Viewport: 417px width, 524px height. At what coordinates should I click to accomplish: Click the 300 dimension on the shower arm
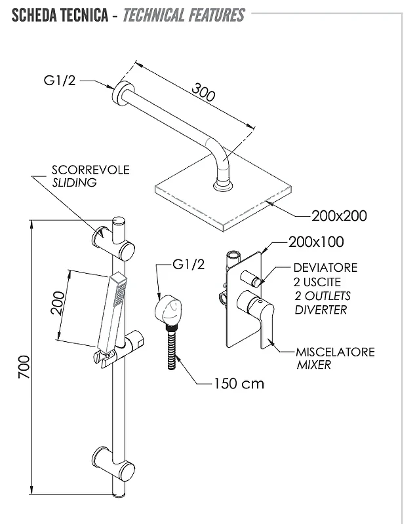(x=203, y=92)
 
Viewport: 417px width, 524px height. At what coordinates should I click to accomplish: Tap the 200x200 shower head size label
(x=339, y=216)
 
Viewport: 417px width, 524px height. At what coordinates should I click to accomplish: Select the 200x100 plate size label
(x=316, y=242)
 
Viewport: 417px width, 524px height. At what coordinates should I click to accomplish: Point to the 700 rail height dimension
(x=24, y=367)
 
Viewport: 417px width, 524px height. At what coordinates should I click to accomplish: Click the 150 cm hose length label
(x=239, y=384)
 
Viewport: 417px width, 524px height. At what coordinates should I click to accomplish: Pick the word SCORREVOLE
(x=90, y=170)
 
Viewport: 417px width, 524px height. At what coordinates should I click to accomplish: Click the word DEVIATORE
(x=325, y=268)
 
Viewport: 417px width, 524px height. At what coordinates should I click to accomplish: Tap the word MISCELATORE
(x=335, y=352)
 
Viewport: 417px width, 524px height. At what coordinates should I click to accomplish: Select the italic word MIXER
(x=313, y=365)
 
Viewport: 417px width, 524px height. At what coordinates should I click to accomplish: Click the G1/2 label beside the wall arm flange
(x=60, y=81)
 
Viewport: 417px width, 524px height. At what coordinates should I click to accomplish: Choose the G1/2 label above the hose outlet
(x=188, y=265)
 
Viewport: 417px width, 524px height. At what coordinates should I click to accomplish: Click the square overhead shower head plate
(x=223, y=200)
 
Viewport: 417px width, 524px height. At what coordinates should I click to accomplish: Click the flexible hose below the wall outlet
(x=172, y=349)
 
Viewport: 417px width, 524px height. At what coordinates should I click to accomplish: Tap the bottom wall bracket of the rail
(x=113, y=464)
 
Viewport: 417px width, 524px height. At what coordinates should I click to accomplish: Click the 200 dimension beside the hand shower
(x=57, y=303)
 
